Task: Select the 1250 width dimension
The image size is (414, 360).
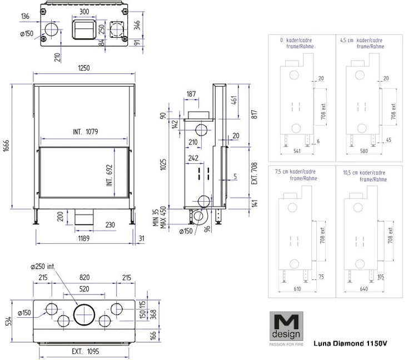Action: point(84,68)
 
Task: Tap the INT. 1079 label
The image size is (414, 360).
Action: point(85,132)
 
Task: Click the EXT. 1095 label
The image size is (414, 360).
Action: point(84,351)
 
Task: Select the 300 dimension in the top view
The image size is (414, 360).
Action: point(84,11)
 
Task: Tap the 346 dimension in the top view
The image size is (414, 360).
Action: point(137,24)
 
